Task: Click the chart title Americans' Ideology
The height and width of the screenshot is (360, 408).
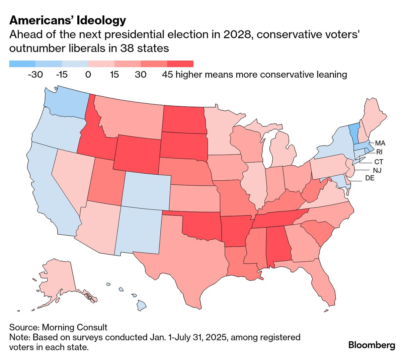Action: click(68, 20)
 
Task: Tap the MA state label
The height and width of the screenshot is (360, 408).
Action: click(380, 143)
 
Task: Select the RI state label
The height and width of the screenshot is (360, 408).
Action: click(379, 152)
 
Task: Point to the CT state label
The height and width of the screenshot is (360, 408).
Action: click(379, 162)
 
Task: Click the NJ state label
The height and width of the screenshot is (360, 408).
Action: click(377, 170)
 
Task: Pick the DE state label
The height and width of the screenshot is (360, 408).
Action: click(370, 178)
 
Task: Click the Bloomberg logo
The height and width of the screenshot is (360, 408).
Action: click(372, 345)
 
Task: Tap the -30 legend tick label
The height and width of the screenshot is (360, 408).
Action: click(35, 74)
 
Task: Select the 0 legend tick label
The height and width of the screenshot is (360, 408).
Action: click(88, 74)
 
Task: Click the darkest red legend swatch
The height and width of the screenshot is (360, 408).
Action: click(180, 64)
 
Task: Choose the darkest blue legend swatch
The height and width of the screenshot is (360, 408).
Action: click(22, 64)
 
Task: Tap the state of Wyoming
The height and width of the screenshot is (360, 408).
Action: click(137, 152)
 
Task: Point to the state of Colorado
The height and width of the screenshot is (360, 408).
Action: click(146, 189)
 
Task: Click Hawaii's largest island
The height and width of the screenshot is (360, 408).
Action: click(141, 305)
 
